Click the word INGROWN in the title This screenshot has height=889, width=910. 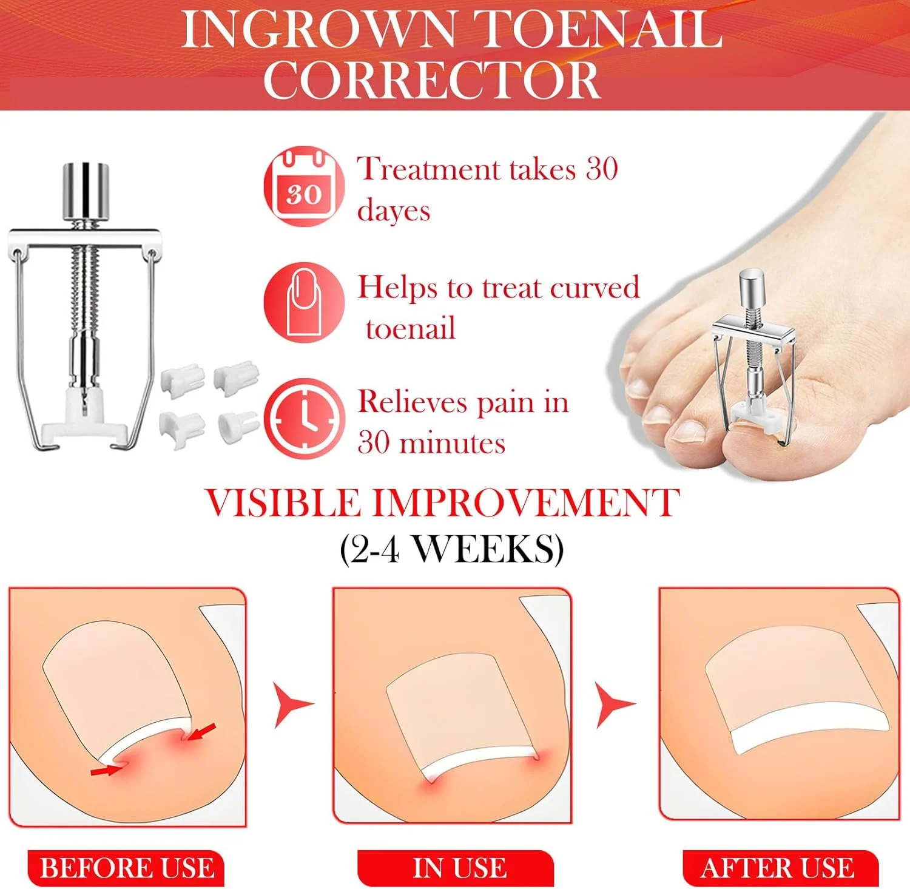pos(320,29)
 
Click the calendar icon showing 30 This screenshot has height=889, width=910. pos(304,186)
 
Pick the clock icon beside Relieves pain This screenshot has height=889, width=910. pos(304,419)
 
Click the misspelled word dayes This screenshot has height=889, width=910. pos(394,211)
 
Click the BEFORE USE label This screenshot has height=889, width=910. pos(126,868)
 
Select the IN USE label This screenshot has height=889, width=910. pos(457,868)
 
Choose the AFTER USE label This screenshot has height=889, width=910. pos(780,868)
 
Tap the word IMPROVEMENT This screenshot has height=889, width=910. pos(525,503)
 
